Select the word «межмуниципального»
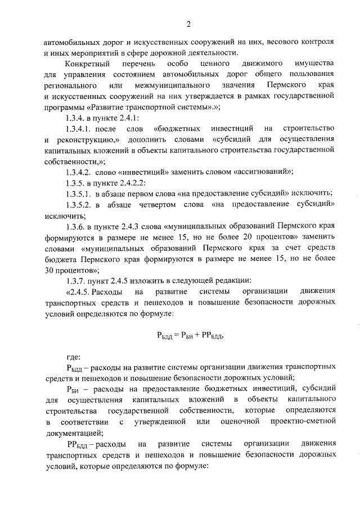pyautogui.click(x=172, y=85)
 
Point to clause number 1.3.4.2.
pyautogui.click(x=79, y=172)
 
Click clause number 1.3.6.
pyautogui.click(x=76, y=226)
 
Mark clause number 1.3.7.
pyautogui.click(x=76, y=280)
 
